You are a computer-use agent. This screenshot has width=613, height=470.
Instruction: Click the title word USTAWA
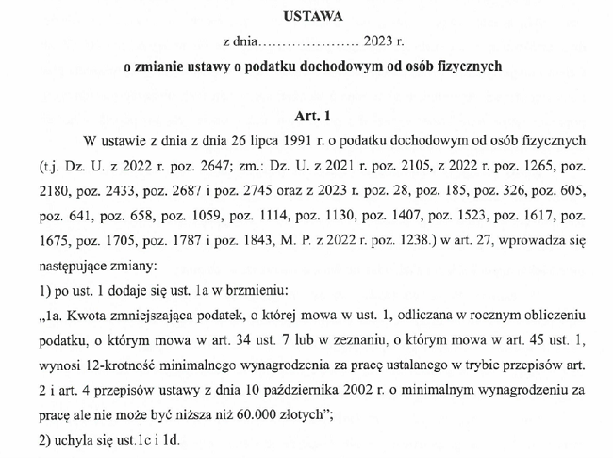pos(306,16)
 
